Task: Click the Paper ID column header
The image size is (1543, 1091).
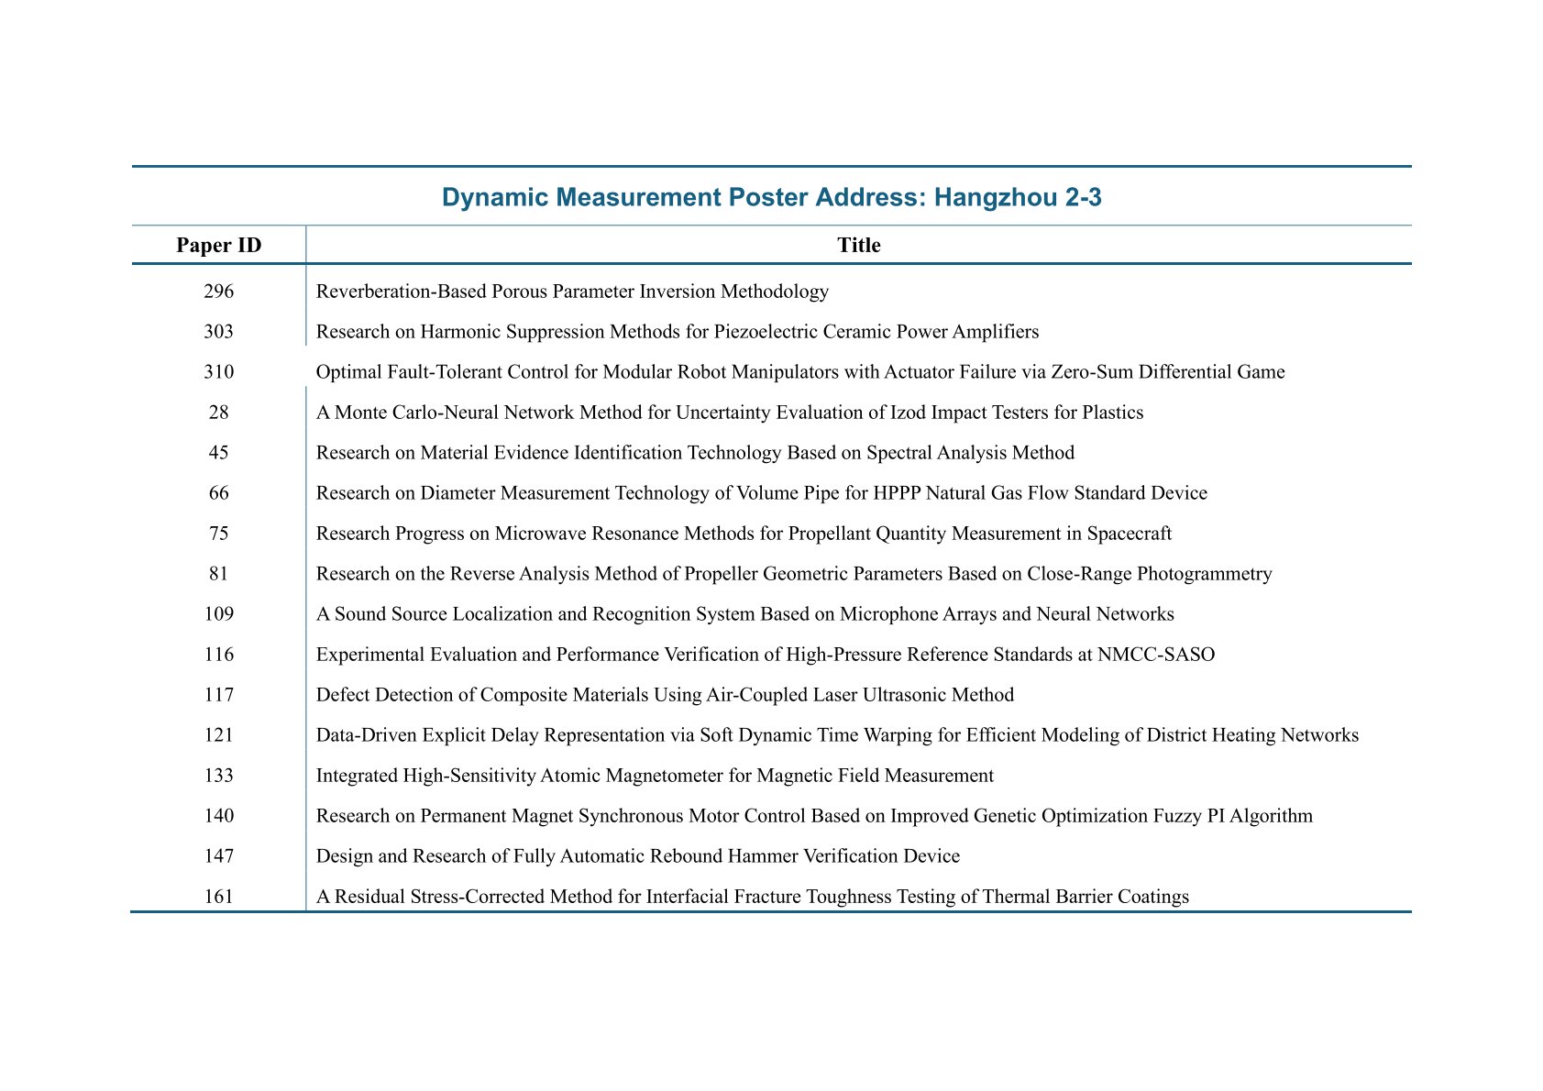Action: coord(218,245)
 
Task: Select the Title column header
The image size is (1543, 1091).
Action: coord(858,245)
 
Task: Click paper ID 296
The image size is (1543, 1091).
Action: coord(218,292)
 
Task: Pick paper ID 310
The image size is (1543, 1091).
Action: coord(218,372)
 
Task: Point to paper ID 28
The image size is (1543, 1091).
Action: coord(218,413)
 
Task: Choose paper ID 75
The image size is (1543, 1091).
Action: coord(218,534)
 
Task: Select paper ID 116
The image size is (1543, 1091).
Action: coord(218,655)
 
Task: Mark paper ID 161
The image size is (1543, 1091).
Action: coord(218,897)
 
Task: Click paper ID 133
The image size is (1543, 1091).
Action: coord(218,776)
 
